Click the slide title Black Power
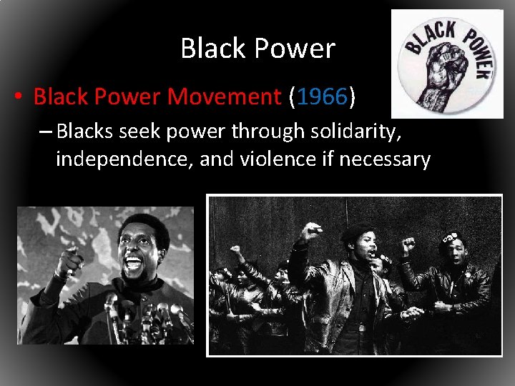(257, 49)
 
